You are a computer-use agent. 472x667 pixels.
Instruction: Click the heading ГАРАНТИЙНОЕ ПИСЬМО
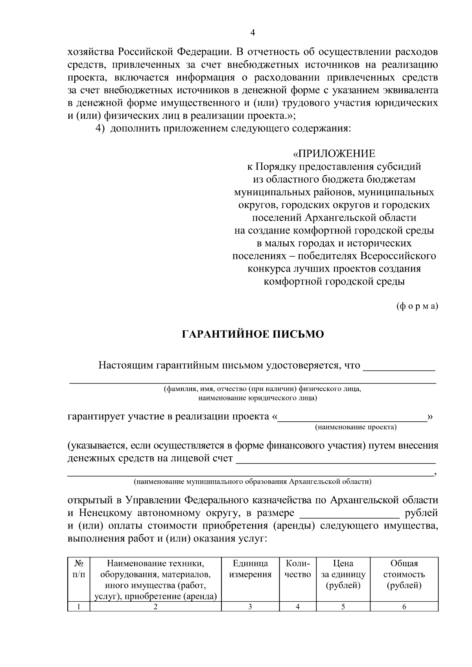[x=253, y=334]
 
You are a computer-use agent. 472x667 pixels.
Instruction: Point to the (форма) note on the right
[x=417, y=307]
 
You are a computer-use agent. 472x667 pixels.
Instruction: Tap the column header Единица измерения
[x=250, y=569]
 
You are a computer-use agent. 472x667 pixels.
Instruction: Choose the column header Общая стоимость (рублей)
[x=404, y=574]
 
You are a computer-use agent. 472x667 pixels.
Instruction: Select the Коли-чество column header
[x=298, y=569]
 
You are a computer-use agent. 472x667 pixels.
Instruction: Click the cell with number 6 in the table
[x=404, y=606]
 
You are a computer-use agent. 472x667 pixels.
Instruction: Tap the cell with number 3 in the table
[x=250, y=606]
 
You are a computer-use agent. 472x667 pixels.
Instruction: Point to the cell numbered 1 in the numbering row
[x=79, y=606]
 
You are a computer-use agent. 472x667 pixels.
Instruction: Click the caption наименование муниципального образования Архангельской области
[x=253, y=481]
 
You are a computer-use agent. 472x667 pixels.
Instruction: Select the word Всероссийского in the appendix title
[x=398, y=256]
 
